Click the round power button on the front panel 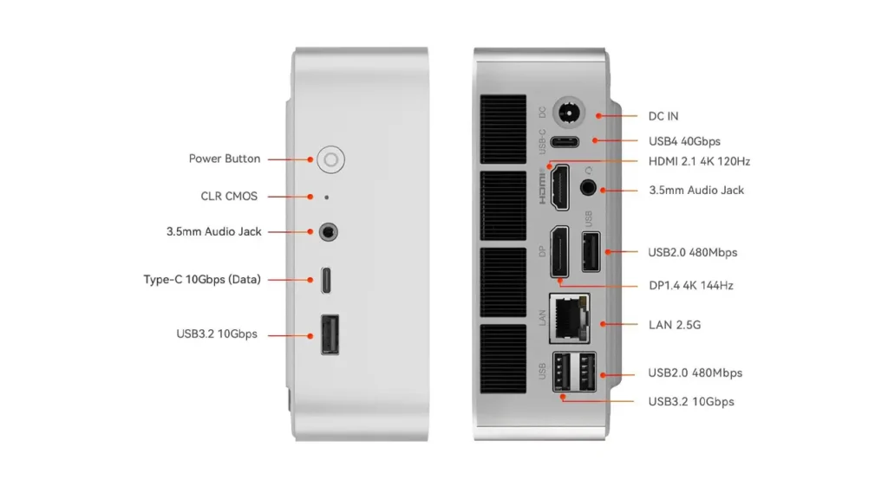[x=330, y=159]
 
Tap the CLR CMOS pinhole [x=326, y=198]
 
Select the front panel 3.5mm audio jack [x=329, y=232]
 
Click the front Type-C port [x=326, y=280]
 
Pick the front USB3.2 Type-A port [x=330, y=334]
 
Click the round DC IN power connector [x=568, y=113]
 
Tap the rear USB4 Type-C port [x=565, y=141]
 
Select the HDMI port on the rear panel [x=560, y=187]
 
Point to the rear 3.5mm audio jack [x=589, y=187]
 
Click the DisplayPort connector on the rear [x=560, y=252]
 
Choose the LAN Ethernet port [x=570, y=319]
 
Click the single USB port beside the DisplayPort [x=591, y=252]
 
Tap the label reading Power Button [x=225, y=159]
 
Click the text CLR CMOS [x=229, y=197]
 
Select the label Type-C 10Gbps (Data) [x=202, y=280]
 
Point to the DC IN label [x=663, y=116]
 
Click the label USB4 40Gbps [x=684, y=141]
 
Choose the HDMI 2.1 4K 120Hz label [x=700, y=162]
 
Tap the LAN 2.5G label [x=675, y=325]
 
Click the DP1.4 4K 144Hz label [x=691, y=286]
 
